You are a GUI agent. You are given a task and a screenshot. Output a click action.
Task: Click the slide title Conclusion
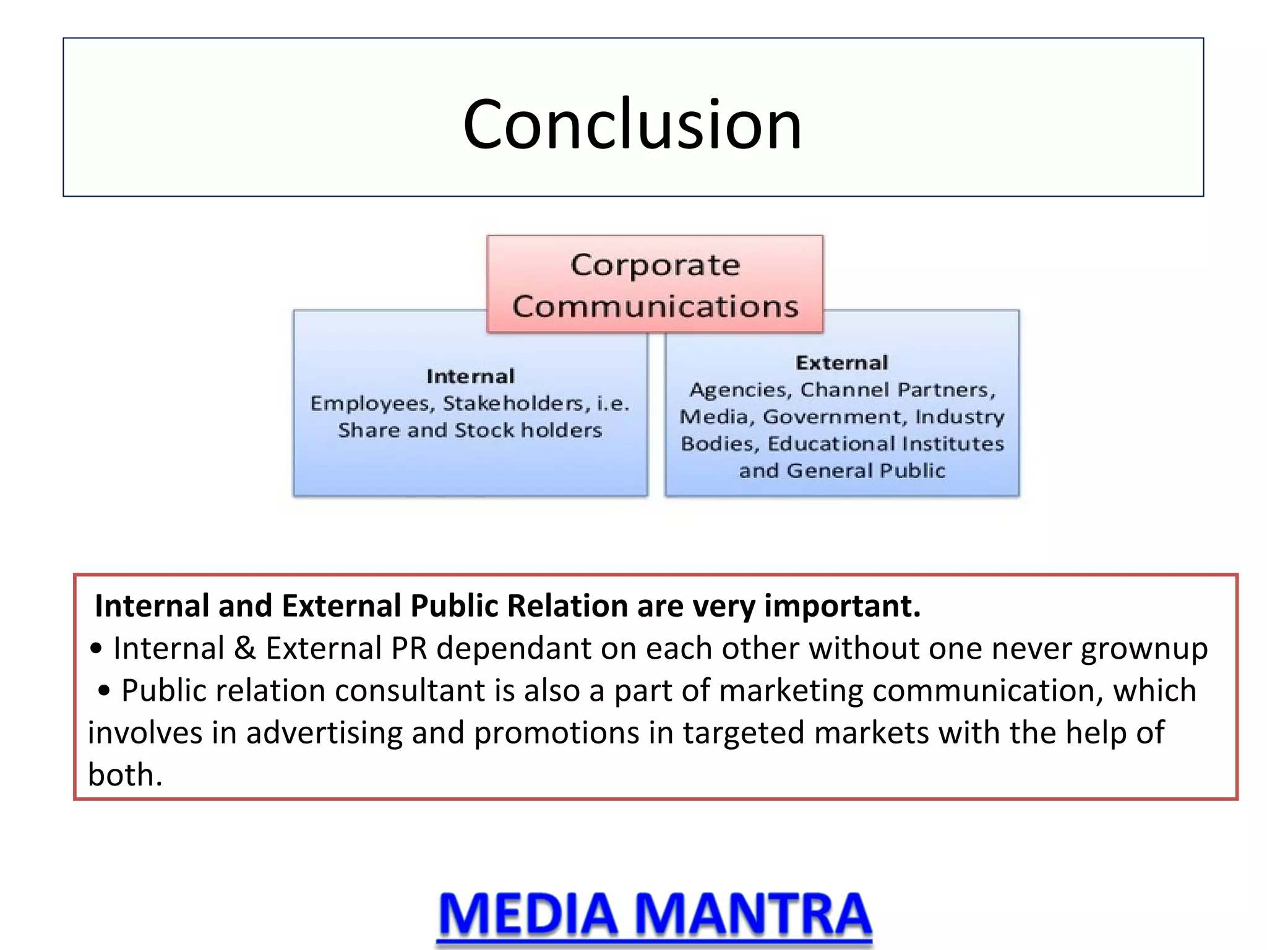coord(632,125)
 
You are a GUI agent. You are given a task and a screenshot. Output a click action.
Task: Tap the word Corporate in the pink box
coord(655,265)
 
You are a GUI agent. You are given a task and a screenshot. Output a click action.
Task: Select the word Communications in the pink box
coord(655,307)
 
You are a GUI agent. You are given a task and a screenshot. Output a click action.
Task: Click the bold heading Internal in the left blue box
coord(470,376)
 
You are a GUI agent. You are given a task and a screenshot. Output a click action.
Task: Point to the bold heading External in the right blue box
coord(841,362)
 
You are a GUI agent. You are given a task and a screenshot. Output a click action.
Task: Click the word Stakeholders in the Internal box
coord(513,403)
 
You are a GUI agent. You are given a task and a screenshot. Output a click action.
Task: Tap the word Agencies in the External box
coord(741,390)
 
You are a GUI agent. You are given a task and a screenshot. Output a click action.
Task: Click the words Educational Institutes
coord(885,443)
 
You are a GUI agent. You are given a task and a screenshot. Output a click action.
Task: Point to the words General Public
coord(866,471)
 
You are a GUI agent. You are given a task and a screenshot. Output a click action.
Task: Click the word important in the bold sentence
coord(842,606)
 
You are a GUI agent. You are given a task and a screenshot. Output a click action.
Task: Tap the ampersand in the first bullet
coord(245,648)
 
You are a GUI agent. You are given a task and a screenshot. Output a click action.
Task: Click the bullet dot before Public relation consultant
coord(104,690)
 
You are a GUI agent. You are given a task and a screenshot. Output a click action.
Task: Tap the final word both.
coord(124,774)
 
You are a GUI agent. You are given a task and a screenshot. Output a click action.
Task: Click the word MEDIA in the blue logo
coord(528,914)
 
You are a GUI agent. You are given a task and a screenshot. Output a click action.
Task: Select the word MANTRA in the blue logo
coord(753,914)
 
